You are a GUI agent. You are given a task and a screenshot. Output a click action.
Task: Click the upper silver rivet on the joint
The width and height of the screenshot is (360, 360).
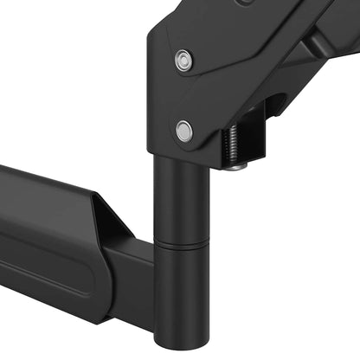pos(183,61)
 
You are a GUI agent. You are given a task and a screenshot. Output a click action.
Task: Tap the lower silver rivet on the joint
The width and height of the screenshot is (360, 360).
pos(183,131)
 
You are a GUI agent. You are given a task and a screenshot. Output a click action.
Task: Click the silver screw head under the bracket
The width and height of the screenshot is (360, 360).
pos(236,164)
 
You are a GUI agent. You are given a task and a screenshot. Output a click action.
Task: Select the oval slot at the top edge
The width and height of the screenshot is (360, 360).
pos(247,3)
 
